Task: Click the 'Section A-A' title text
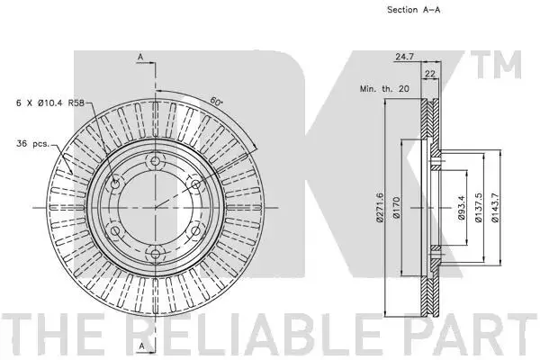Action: coord(414,10)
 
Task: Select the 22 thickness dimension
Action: coord(430,74)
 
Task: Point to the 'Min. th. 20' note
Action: coord(384,89)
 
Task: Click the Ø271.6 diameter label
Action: coord(380,207)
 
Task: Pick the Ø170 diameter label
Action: coord(396,207)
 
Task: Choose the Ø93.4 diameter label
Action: coord(462,208)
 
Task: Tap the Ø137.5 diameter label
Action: coord(479,207)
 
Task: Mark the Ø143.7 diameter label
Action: coord(495,207)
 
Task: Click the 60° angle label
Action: coord(216,102)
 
